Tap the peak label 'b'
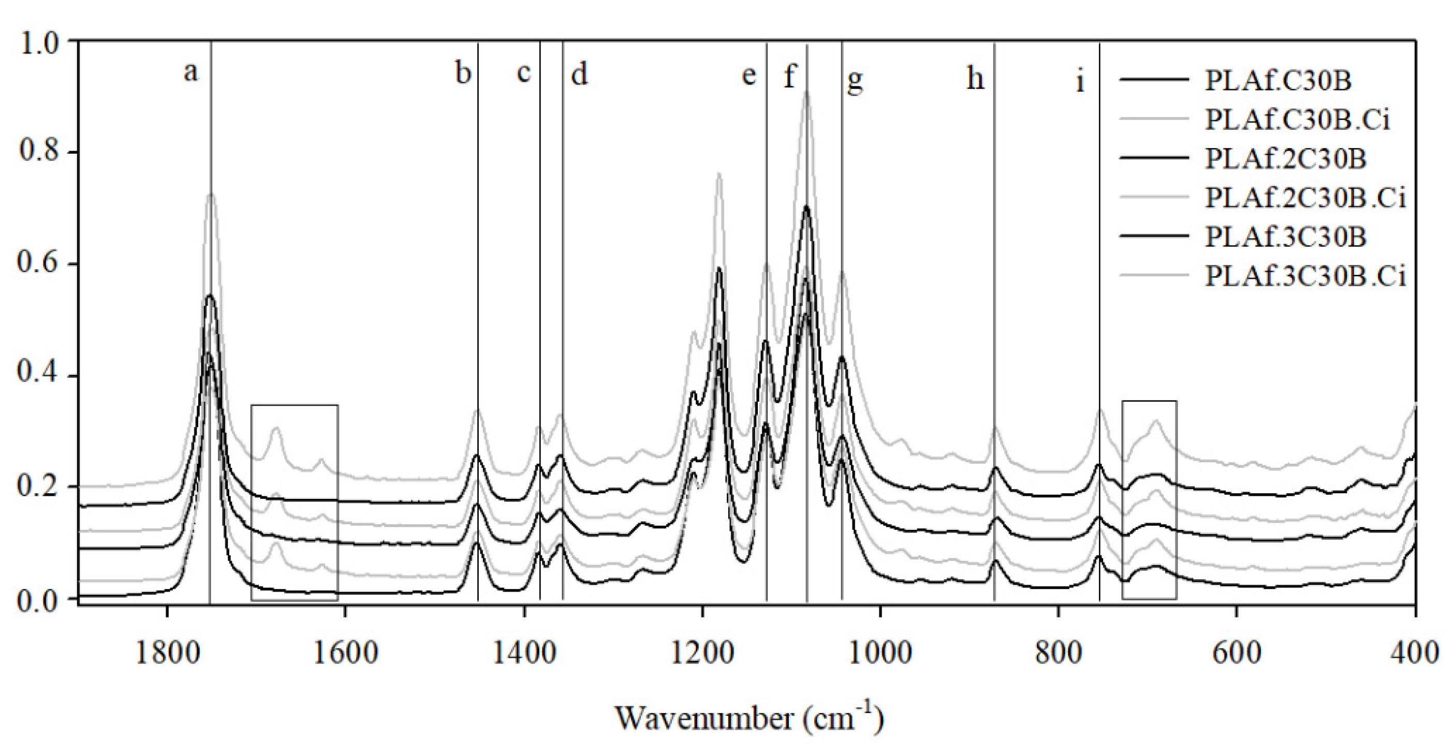pos(463,73)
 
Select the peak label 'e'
pos(748,75)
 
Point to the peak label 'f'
pos(790,75)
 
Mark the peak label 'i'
pos(1080,81)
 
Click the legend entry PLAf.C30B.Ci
pos(1297,120)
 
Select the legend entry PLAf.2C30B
pos(1285,158)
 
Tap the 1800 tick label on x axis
pos(168,653)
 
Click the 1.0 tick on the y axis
pos(38,43)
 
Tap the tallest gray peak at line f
pos(807,92)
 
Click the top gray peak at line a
pos(211,194)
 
